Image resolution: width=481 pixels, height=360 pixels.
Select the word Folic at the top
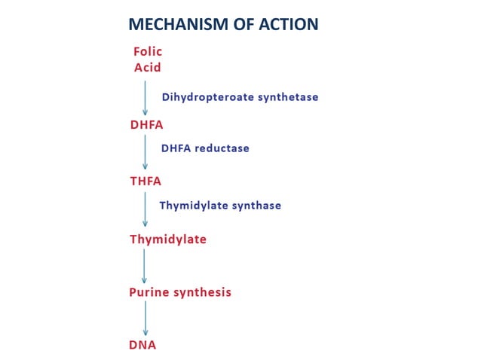point(148,52)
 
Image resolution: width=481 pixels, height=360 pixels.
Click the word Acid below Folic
point(148,67)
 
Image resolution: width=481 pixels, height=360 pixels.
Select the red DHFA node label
point(146,125)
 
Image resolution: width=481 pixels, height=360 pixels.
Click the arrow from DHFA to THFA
point(146,153)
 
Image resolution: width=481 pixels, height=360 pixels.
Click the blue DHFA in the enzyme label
point(176,148)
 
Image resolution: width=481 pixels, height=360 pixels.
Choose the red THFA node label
point(146,182)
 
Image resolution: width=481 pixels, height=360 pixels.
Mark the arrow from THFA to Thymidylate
point(146,210)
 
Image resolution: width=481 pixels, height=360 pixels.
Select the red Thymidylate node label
point(167,240)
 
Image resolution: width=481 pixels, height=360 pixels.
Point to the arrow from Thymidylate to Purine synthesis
point(145,267)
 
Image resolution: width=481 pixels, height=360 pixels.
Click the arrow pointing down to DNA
point(146,319)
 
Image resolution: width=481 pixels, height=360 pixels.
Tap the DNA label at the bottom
point(142,345)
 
